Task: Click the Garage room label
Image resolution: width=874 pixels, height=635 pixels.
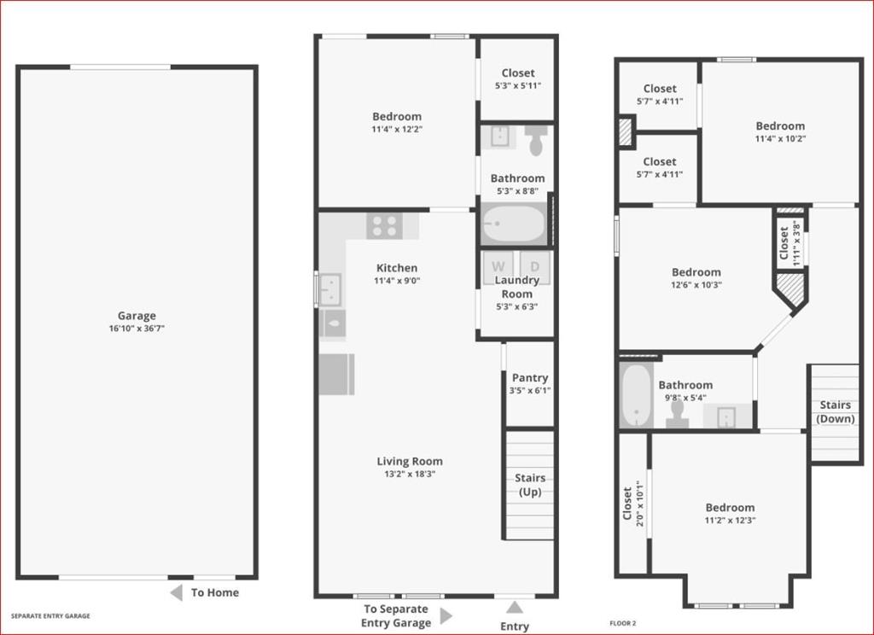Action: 137,316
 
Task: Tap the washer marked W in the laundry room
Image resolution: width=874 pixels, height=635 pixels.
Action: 498,266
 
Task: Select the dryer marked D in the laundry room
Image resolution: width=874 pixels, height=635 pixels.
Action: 535,266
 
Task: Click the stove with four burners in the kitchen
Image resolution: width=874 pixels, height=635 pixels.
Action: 385,226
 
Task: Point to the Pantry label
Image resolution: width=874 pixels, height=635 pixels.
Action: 530,377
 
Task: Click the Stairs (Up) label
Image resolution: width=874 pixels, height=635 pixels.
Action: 530,485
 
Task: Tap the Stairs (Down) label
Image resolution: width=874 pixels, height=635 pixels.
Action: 835,411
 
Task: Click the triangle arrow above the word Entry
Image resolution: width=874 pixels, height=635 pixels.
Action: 515,607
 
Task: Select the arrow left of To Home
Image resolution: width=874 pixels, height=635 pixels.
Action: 176,592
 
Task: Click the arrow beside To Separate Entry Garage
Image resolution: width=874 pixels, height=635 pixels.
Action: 446,616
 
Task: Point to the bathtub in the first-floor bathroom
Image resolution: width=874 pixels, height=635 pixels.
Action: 513,224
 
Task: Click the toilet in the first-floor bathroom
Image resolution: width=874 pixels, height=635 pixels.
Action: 537,140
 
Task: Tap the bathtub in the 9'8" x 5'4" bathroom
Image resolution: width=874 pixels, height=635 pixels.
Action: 636,395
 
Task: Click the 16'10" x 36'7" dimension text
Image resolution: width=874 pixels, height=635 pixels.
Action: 137,329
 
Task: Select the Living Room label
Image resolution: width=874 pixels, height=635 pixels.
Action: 410,461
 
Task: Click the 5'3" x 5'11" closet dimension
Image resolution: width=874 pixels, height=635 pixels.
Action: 518,86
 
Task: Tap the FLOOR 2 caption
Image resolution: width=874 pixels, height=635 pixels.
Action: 622,623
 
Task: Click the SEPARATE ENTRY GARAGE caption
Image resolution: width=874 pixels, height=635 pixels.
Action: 50,616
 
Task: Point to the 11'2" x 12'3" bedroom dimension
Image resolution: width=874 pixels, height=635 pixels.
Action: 731,520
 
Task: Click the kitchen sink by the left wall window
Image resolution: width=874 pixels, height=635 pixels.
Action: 330,289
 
